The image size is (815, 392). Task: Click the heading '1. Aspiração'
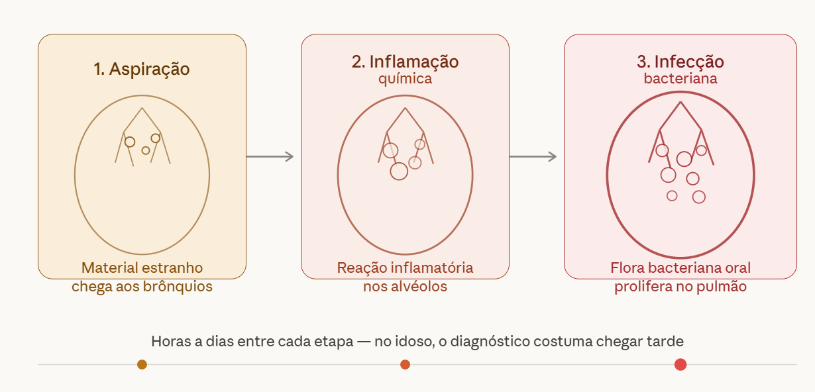142,69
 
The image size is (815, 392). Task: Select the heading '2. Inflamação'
405,62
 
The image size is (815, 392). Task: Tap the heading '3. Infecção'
680,62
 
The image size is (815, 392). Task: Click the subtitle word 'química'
405,79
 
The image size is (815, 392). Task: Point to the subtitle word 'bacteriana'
680,79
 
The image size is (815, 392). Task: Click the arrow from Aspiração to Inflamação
270,157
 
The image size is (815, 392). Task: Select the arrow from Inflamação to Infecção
533,157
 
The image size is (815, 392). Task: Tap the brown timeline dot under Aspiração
142,364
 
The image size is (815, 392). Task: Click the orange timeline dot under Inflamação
405,364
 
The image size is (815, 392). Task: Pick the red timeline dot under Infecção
680,364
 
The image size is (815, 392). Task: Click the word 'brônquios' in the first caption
178,287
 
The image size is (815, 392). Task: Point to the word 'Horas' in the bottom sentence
171,342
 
